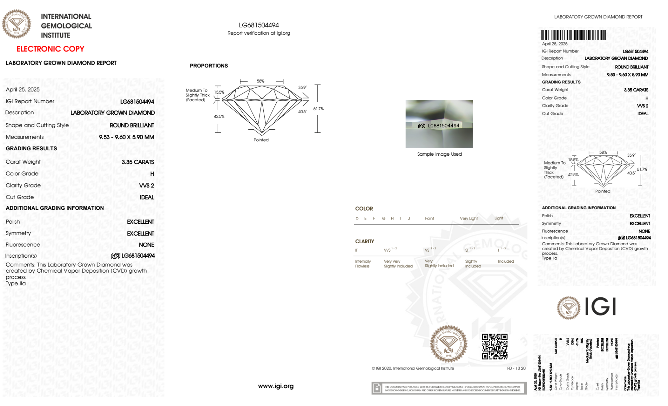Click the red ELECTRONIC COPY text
click(50, 49)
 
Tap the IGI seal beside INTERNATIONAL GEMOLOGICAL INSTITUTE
click(16, 24)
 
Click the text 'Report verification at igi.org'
click(259, 33)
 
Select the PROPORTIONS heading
click(209, 66)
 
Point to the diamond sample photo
click(439, 124)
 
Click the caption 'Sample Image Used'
click(439, 154)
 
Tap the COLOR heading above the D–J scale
click(364, 209)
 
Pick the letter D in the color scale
click(357, 219)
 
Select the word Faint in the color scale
click(429, 219)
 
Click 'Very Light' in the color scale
click(469, 219)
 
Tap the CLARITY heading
click(365, 241)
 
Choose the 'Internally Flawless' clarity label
click(363, 264)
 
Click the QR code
click(494, 346)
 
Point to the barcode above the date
click(573, 35)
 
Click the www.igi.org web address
click(276, 386)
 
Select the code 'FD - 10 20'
click(516, 368)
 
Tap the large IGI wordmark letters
click(601, 306)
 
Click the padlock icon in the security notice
click(377, 388)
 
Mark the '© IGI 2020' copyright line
click(413, 368)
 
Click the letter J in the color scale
click(409, 219)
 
